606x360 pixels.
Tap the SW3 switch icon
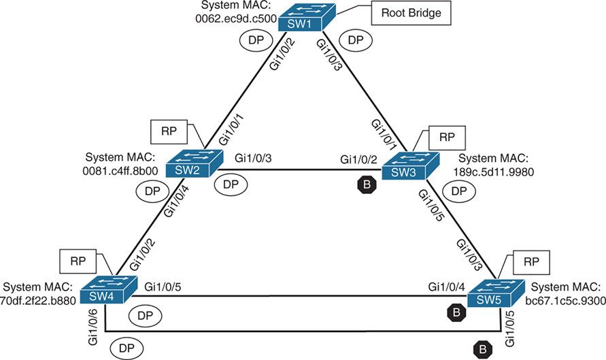coord(406,166)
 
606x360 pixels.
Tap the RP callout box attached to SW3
coord(445,137)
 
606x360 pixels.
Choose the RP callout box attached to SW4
coord(76,259)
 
